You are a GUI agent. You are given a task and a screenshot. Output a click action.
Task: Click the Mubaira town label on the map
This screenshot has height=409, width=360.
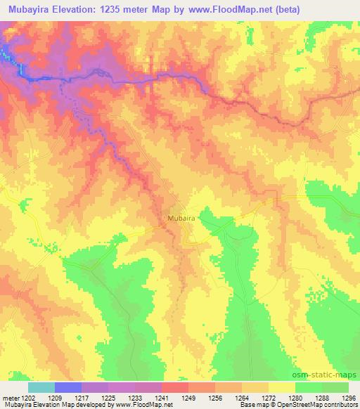click(x=181, y=219)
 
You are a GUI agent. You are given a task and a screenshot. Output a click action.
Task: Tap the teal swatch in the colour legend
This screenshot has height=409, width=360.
click(x=41, y=387)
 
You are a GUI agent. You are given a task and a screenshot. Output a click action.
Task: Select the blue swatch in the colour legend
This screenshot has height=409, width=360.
click(x=68, y=387)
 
